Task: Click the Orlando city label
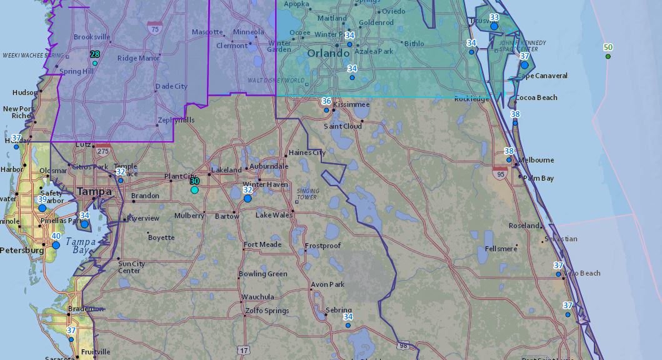pyautogui.click(x=328, y=54)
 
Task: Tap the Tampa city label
pyautogui.click(x=94, y=191)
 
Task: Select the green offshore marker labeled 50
pyautogui.click(x=608, y=57)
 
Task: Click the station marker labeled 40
pyautogui.click(x=56, y=245)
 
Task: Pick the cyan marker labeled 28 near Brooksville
pyautogui.click(x=95, y=63)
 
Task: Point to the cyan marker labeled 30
pyautogui.click(x=194, y=189)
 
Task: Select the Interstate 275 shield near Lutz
pyautogui.click(x=102, y=151)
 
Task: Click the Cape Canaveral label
pyautogui.click(x=542, y=76)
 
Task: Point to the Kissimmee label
pyautogui.click(x=352, y=104)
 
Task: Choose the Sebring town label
pyautogui.click(x=338, y=310)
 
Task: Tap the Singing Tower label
pyautogui.click(x=307, y=194)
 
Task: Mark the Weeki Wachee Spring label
pyautogui.click(x=25, y=56)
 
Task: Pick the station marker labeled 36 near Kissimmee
pyautogui.click(x=326, y=110)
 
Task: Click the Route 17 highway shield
pyautogui.click(x=243, y=350)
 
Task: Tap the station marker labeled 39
pyautogui.click(x=43, y=207)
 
